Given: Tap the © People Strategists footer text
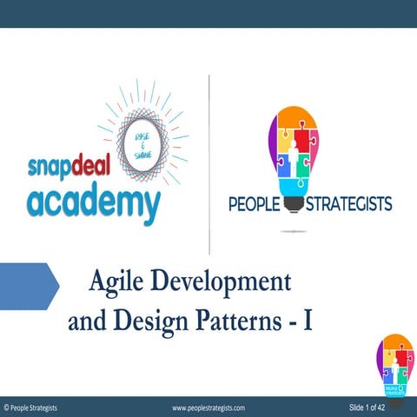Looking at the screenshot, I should point(31,407).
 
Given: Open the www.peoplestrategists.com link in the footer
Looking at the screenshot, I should point(208,407).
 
